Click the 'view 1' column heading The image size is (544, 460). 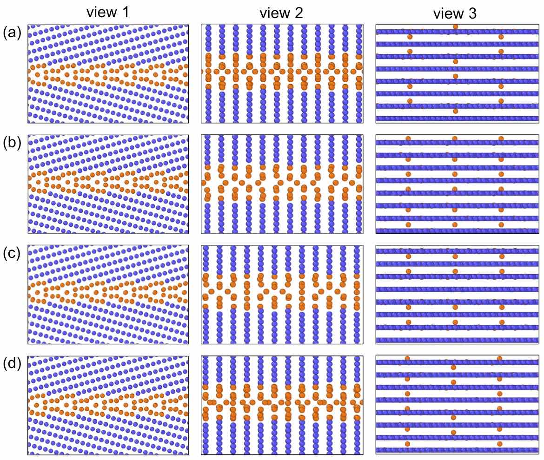pyautogui.click(x=108, y=13)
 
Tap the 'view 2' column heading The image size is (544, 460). pyautogui.click(x=281, y=13)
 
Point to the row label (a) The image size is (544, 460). pyautogui.click(x=12, y=33)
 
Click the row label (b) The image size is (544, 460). pyautogui.click(x=12, y=144)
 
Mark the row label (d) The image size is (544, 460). pyautogui.click(x=12, y=364)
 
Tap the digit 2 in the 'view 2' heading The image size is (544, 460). pyautogui.click(x=299, y=13)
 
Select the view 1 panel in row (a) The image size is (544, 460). pyautogui.click(x=108, y=73)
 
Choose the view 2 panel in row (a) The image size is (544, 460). pyautogui.click(x=282, y=73)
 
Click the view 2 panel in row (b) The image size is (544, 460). pyautogui.click(x=282, y=184)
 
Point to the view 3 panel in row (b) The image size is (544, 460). pyautogui.click(x=456, y=184)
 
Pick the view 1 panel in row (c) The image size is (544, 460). pyautogui.click(x=108, y=295)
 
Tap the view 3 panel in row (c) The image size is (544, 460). pyautogui.click(x=456, y=295)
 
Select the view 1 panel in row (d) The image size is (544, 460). pyautogui.click(x=108, y=405)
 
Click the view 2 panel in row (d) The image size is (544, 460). pyautogui.click(x=282, y=405)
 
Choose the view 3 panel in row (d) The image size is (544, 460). pyautogui.click(x=456, y=405)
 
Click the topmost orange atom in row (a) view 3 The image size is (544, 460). pyautogui.click(x=455, y=27)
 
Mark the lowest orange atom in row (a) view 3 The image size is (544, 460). pyautogui.click(x=455, y=112)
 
